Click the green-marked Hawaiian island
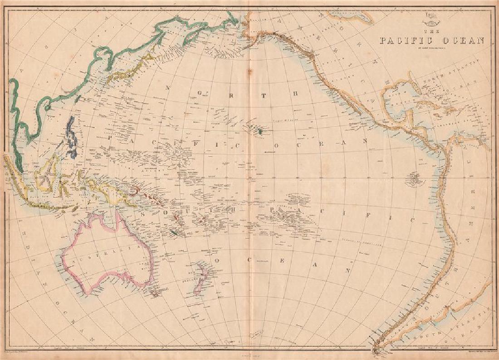point(260,132)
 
